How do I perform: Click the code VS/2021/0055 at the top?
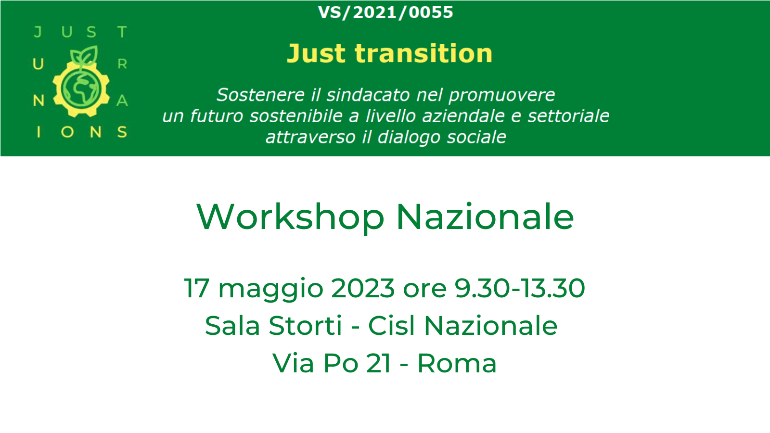click(385, 13)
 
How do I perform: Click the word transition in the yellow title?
click(423, 53)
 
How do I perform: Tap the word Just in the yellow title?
click(316, 53)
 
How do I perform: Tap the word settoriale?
click(568, 116)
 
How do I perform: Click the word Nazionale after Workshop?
click(485, 217)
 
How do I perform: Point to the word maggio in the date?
click(271, 290)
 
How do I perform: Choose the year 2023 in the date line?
click(363, 288)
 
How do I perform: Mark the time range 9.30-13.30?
click(519, 288)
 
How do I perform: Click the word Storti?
click(305, 325)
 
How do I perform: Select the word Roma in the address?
click(457, 363)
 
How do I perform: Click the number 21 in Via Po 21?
click(378, 363)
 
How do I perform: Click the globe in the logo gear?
click(81, 89)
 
